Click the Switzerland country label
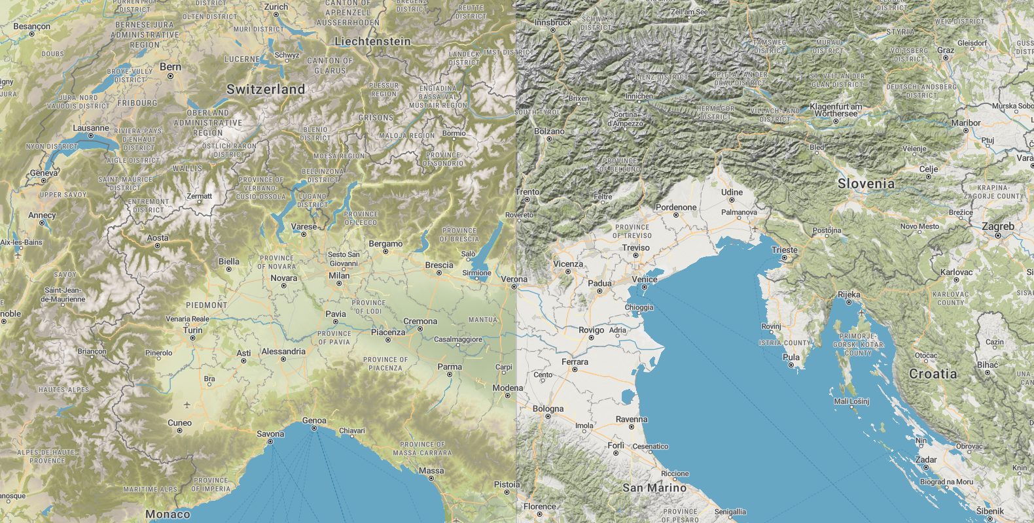click(x=266, y=90)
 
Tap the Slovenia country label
click(x=866, y=184)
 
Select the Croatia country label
click(x=933, y=374)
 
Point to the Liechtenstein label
click(x=372, y=41)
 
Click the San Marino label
click(x=654, y=488)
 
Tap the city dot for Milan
click(x=339, y=284)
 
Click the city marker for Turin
click(x=192, y=339)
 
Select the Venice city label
click(x=645, y=279)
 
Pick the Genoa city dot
click(x=314, y=429)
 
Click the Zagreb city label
click(x=998, y=226)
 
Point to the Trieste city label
click(x=785, y=250)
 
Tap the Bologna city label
click(x=548, y=409)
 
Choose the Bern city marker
click(x=170, y=76)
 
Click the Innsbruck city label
click(x=553, y=22)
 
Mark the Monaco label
click(x=168, y=515)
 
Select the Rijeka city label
click(x=849, y=294)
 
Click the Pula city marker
click(x=791, y=365)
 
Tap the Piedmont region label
click(x=207, y=305)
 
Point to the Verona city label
click(x=514, y=279)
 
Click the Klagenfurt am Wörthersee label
click(x=836, y=110)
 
